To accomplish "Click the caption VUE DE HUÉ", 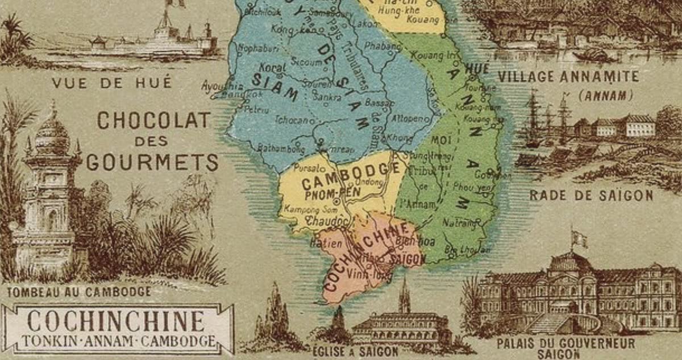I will tap(111, 83).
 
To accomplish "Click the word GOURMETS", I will tap(152, 163).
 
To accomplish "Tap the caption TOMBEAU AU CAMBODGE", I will tap(79, 292).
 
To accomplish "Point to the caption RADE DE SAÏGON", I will tap(591, 196).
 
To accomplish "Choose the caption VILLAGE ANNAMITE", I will tap(568, 77).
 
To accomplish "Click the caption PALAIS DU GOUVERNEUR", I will tap(565, 343).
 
